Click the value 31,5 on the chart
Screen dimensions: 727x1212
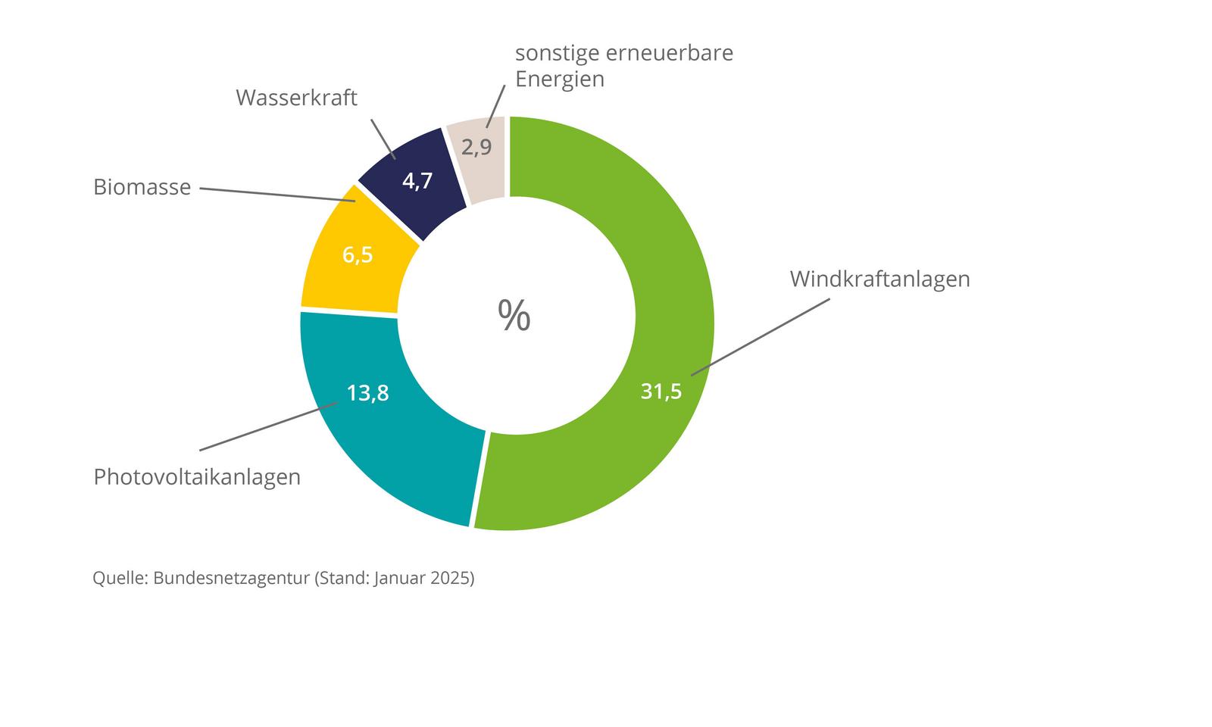point(661,392)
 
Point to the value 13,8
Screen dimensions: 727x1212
point(367,393)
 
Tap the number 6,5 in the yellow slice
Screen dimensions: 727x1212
point(357,255)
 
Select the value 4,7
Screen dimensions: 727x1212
point(417,181)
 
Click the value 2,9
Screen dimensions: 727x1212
point(476,147)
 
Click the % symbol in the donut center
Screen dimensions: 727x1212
point(514,315)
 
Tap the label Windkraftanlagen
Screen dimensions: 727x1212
point(879,279)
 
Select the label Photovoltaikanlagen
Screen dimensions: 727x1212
point(197,477)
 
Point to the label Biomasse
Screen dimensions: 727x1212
point(142,187)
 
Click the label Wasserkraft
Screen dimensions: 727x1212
point(296,98)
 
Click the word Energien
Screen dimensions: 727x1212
point(560,79)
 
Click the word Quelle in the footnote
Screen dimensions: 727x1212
point(118,579)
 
